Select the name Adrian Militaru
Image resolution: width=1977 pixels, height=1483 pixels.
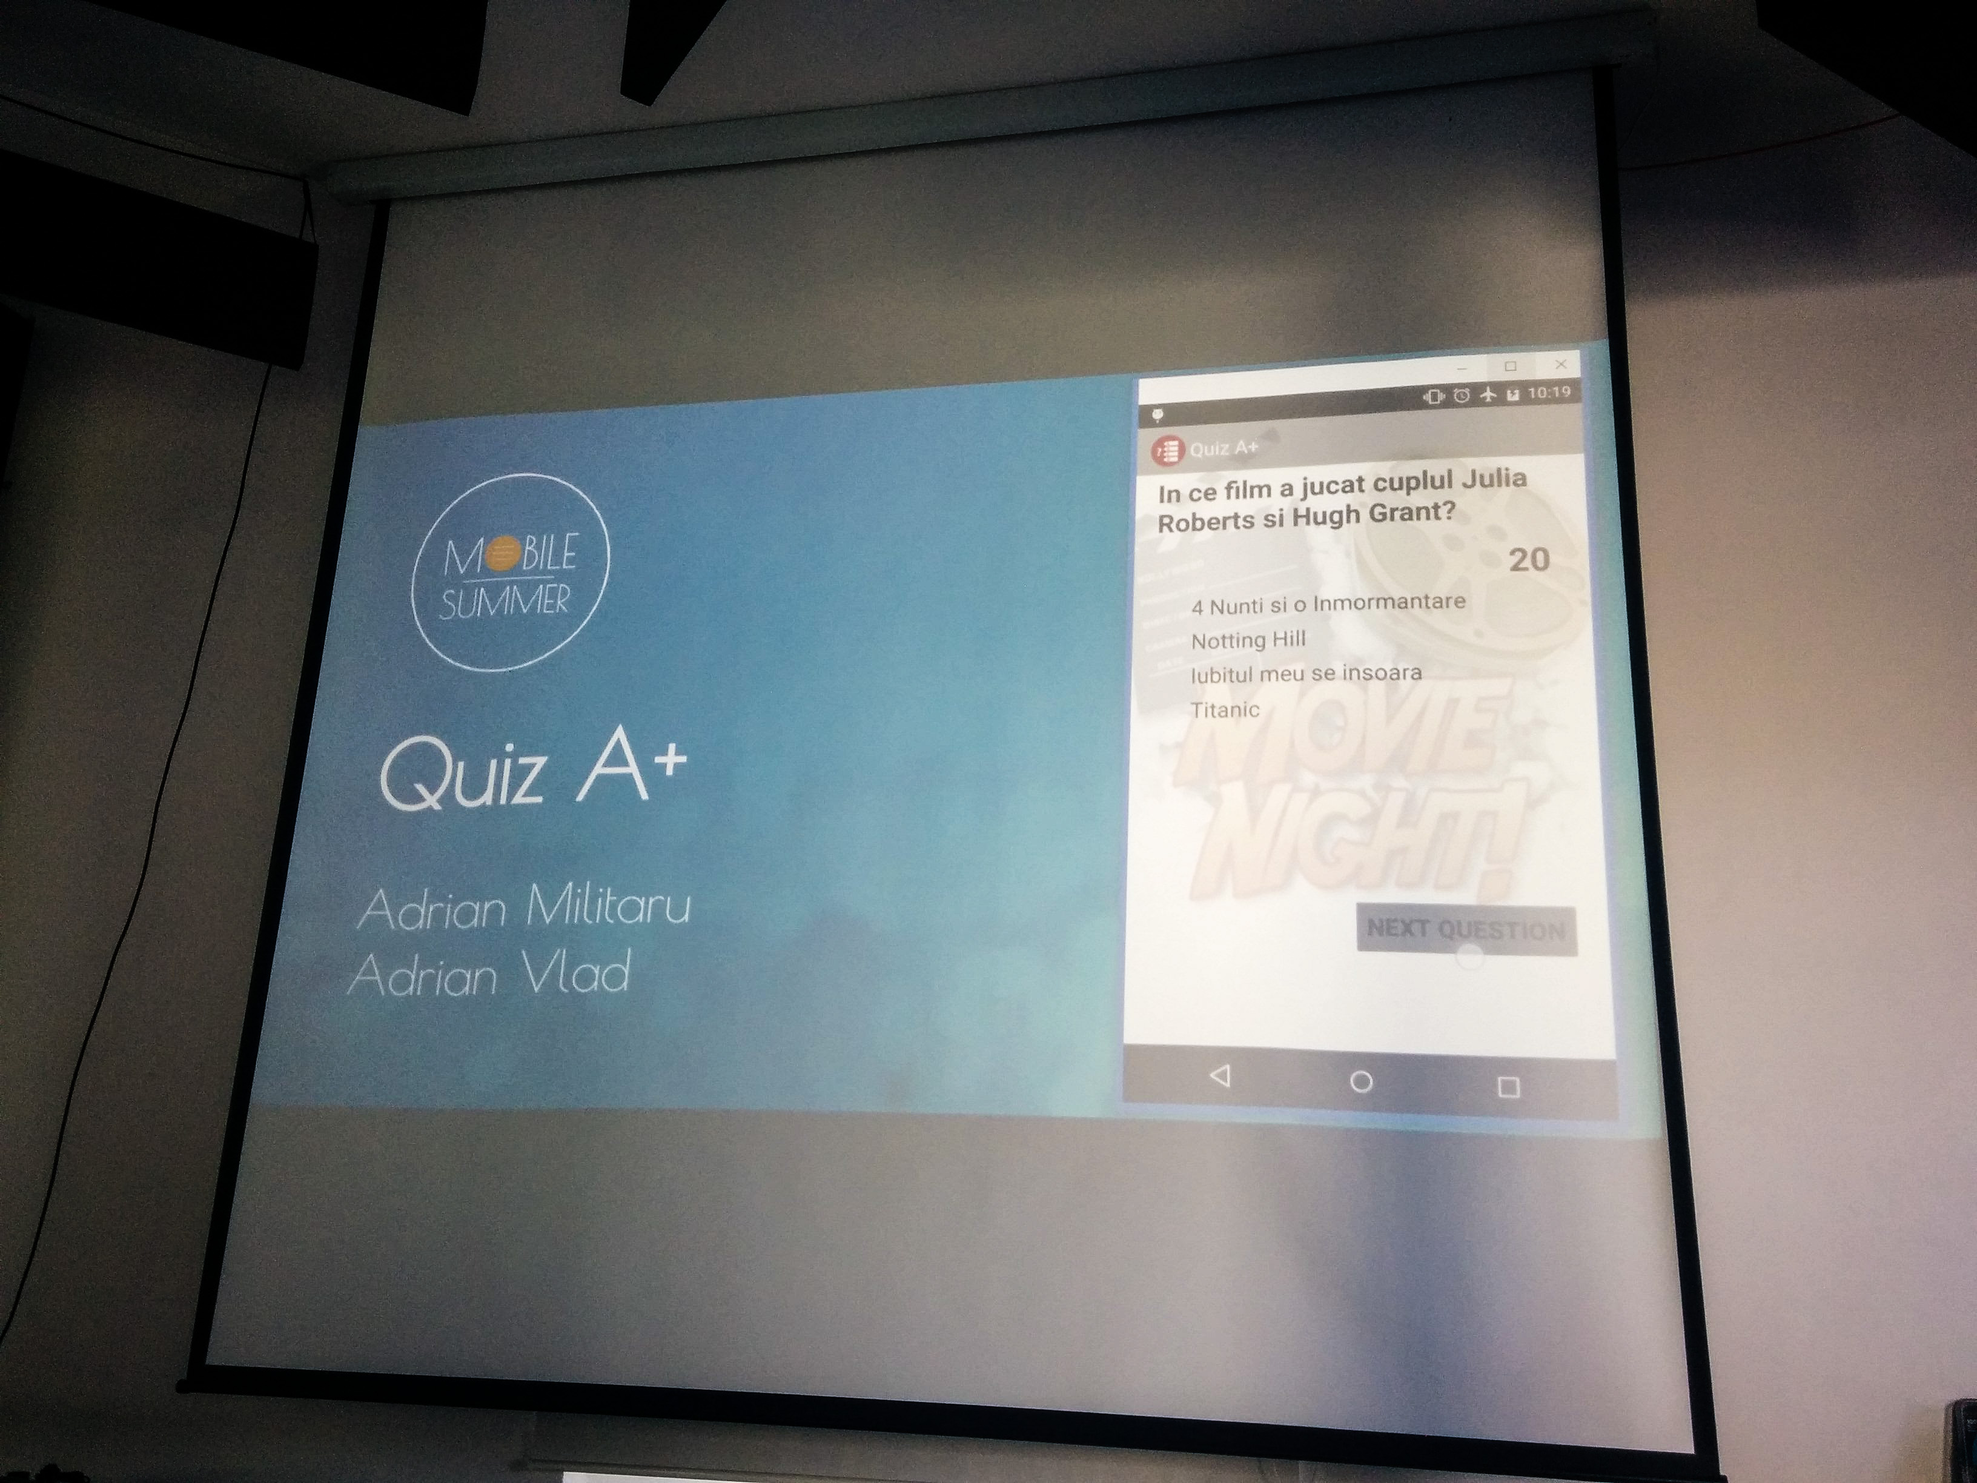click(524, 907)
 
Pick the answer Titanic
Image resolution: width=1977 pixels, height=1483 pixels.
click(1225, 710)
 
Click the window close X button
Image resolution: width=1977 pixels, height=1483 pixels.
click(1560, 365)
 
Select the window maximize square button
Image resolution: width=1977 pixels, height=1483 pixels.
click(1511, 367)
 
